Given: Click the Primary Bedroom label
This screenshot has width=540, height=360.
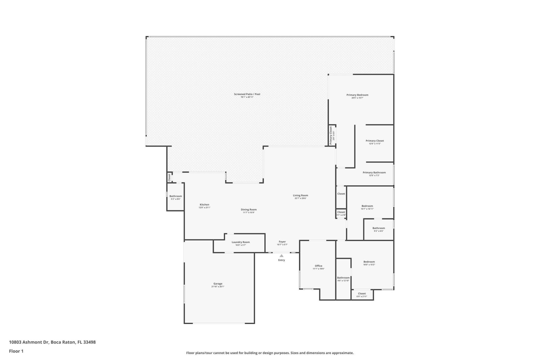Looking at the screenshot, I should (x=357, y=95).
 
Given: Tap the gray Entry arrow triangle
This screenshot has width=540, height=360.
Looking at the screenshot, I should (x=282, y=256).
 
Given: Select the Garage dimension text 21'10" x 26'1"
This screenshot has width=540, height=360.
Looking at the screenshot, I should (x=218, y=287).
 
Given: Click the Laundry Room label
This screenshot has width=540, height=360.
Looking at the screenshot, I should (x=240, y=242).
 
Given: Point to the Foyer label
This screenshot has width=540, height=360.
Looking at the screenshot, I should (x=282, y=242).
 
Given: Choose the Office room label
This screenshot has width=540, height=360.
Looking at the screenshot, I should (x=318, y=266).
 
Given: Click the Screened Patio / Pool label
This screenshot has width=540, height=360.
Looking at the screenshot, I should (x=247, y=94).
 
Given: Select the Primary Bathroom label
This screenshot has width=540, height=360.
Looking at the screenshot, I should (x=374, y=173).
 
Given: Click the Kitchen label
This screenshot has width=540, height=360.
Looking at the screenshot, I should (x=204, y=205).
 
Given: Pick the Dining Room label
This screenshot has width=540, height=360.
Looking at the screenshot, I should (x=249, y=210).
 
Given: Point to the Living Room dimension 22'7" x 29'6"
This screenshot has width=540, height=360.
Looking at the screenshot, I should (x=300, y=198).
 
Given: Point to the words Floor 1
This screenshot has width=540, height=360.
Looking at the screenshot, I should (x=16, y=351).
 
